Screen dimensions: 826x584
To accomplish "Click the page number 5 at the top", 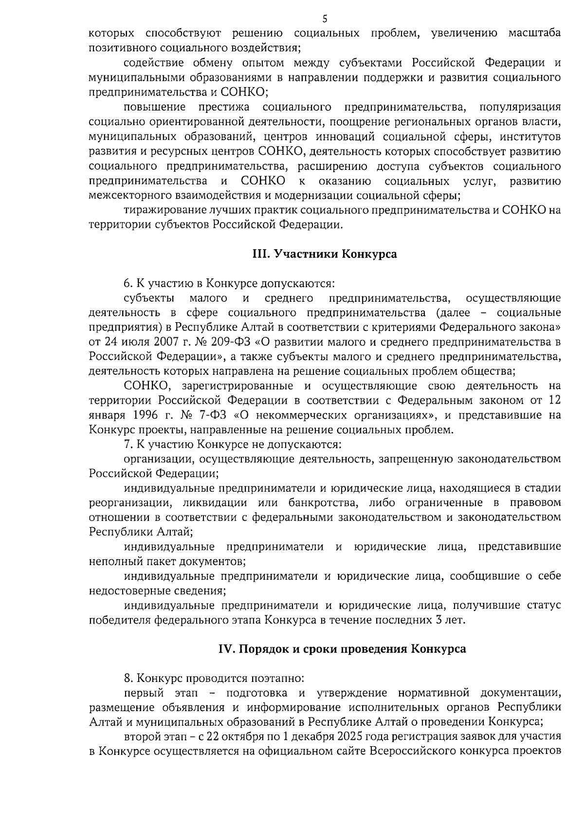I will tap(325, 19).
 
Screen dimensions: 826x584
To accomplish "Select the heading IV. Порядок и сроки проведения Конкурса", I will tap(341, 649).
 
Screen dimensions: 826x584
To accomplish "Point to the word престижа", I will tap(224, 107).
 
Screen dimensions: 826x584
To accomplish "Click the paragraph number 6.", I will tap(128, 283).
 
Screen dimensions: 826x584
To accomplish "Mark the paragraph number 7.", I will tap(128, 444).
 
